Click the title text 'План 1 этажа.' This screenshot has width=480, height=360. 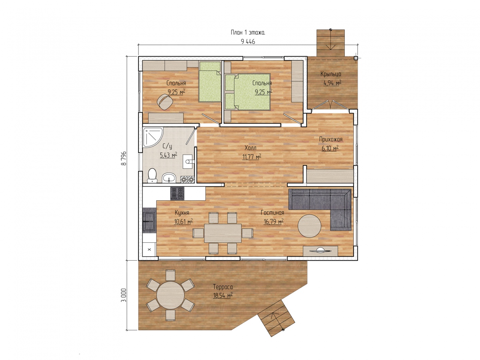(248, 33)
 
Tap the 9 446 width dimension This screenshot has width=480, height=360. (248, 42)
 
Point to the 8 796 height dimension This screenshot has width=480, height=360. (124, 158)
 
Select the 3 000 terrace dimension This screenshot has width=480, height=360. (124, 295)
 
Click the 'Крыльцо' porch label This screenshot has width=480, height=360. (331, 74)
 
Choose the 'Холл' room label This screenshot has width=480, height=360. (250, 148)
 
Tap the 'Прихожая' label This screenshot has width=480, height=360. (331, 139)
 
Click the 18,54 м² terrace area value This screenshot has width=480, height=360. (223, 296)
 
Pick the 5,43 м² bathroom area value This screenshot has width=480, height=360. (168, 155)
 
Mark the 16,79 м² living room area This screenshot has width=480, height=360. (273, 222)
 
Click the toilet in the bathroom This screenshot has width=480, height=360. (152, 175)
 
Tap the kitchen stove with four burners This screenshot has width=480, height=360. (177, 193)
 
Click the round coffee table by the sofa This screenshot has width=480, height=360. (309, 226)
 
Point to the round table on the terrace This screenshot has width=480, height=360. (170, 295)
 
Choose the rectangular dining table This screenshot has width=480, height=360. (223, 233)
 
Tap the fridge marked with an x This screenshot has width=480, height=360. (149, 249)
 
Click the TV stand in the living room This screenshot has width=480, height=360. (320, 251)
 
